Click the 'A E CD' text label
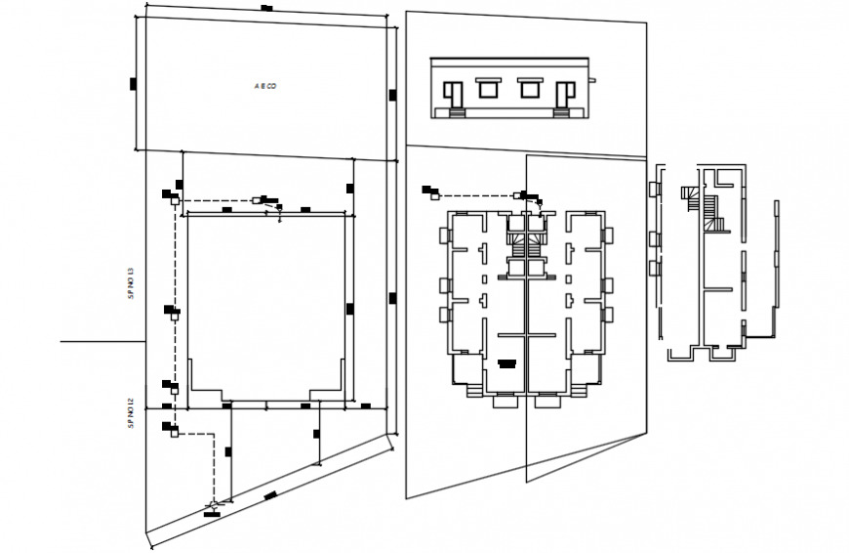coord(265,87)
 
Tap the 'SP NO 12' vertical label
coord(132,413)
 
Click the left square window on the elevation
coord(484,89)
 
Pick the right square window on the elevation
coord(529,89)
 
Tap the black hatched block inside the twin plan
coord(506,362)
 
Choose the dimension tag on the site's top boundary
coord(266,8)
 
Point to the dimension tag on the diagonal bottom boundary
coord(269,496)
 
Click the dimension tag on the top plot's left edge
coord(133,84)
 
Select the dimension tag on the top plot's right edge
coord(392,95)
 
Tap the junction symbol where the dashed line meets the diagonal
coord(213,506)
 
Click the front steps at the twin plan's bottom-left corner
coord(473,390)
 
